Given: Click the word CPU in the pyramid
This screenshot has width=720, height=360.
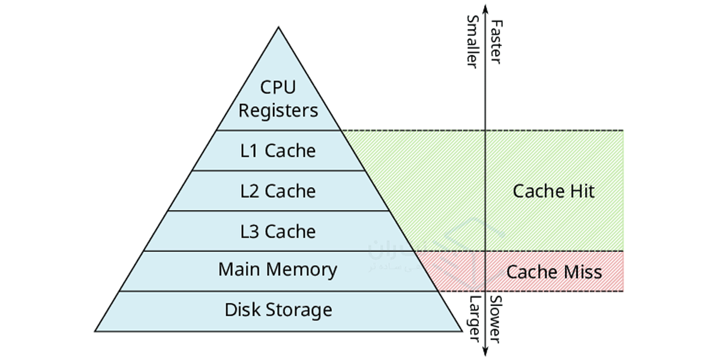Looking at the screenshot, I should coord(278,87).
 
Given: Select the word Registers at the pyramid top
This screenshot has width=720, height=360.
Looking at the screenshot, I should coord(278,110).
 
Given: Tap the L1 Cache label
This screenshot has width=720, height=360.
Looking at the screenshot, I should coord(278,151).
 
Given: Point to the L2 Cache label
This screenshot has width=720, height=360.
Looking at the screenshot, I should coord(278,191).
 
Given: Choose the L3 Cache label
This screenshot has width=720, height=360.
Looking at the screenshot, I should coord(278,231).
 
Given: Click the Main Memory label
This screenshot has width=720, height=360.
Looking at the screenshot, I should coord(278,269).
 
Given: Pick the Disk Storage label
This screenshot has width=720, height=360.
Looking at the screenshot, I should coord(278,310).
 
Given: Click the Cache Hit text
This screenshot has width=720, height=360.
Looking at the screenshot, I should coord(553,191).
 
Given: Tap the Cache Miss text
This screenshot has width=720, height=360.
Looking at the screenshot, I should coord(553,272).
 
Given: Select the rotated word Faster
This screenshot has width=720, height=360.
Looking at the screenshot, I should coord(496,42).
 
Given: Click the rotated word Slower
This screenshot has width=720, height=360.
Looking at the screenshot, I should coord(496,319).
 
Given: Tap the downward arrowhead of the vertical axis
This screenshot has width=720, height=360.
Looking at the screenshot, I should coord(485,353).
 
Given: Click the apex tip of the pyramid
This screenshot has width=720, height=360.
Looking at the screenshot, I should coord(278,27).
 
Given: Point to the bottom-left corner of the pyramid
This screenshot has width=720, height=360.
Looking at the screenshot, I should coord(95,331).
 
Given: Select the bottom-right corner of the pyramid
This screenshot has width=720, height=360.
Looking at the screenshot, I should coord(461,331).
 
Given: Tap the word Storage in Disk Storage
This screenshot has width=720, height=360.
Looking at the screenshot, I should coord(298,310).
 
